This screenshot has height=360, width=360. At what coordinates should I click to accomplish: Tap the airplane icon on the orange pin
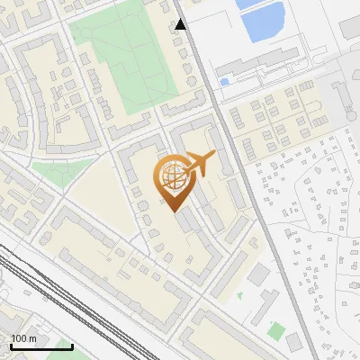pos(200,163)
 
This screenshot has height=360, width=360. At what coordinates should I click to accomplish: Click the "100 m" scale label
pos(24,338)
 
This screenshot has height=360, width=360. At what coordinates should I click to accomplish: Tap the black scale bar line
pos(40,346)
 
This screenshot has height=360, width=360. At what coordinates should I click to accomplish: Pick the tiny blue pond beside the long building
pos(224,82)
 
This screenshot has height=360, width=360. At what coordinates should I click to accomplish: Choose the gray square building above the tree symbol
pos(259,274)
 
